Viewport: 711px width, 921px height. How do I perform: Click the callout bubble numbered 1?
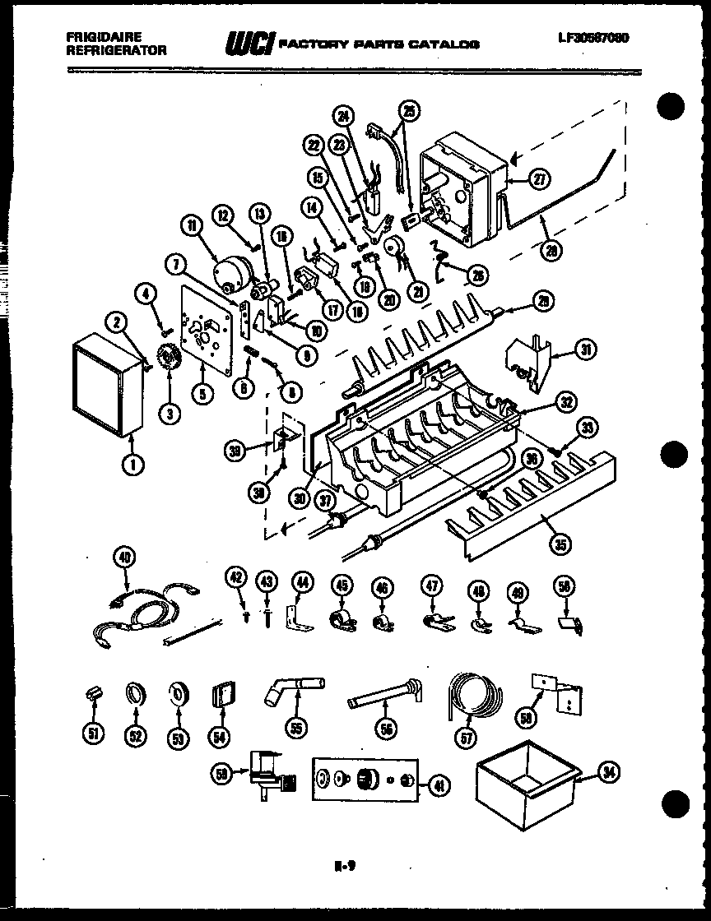point(132,464)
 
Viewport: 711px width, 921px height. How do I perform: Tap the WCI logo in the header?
point(249,42)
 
